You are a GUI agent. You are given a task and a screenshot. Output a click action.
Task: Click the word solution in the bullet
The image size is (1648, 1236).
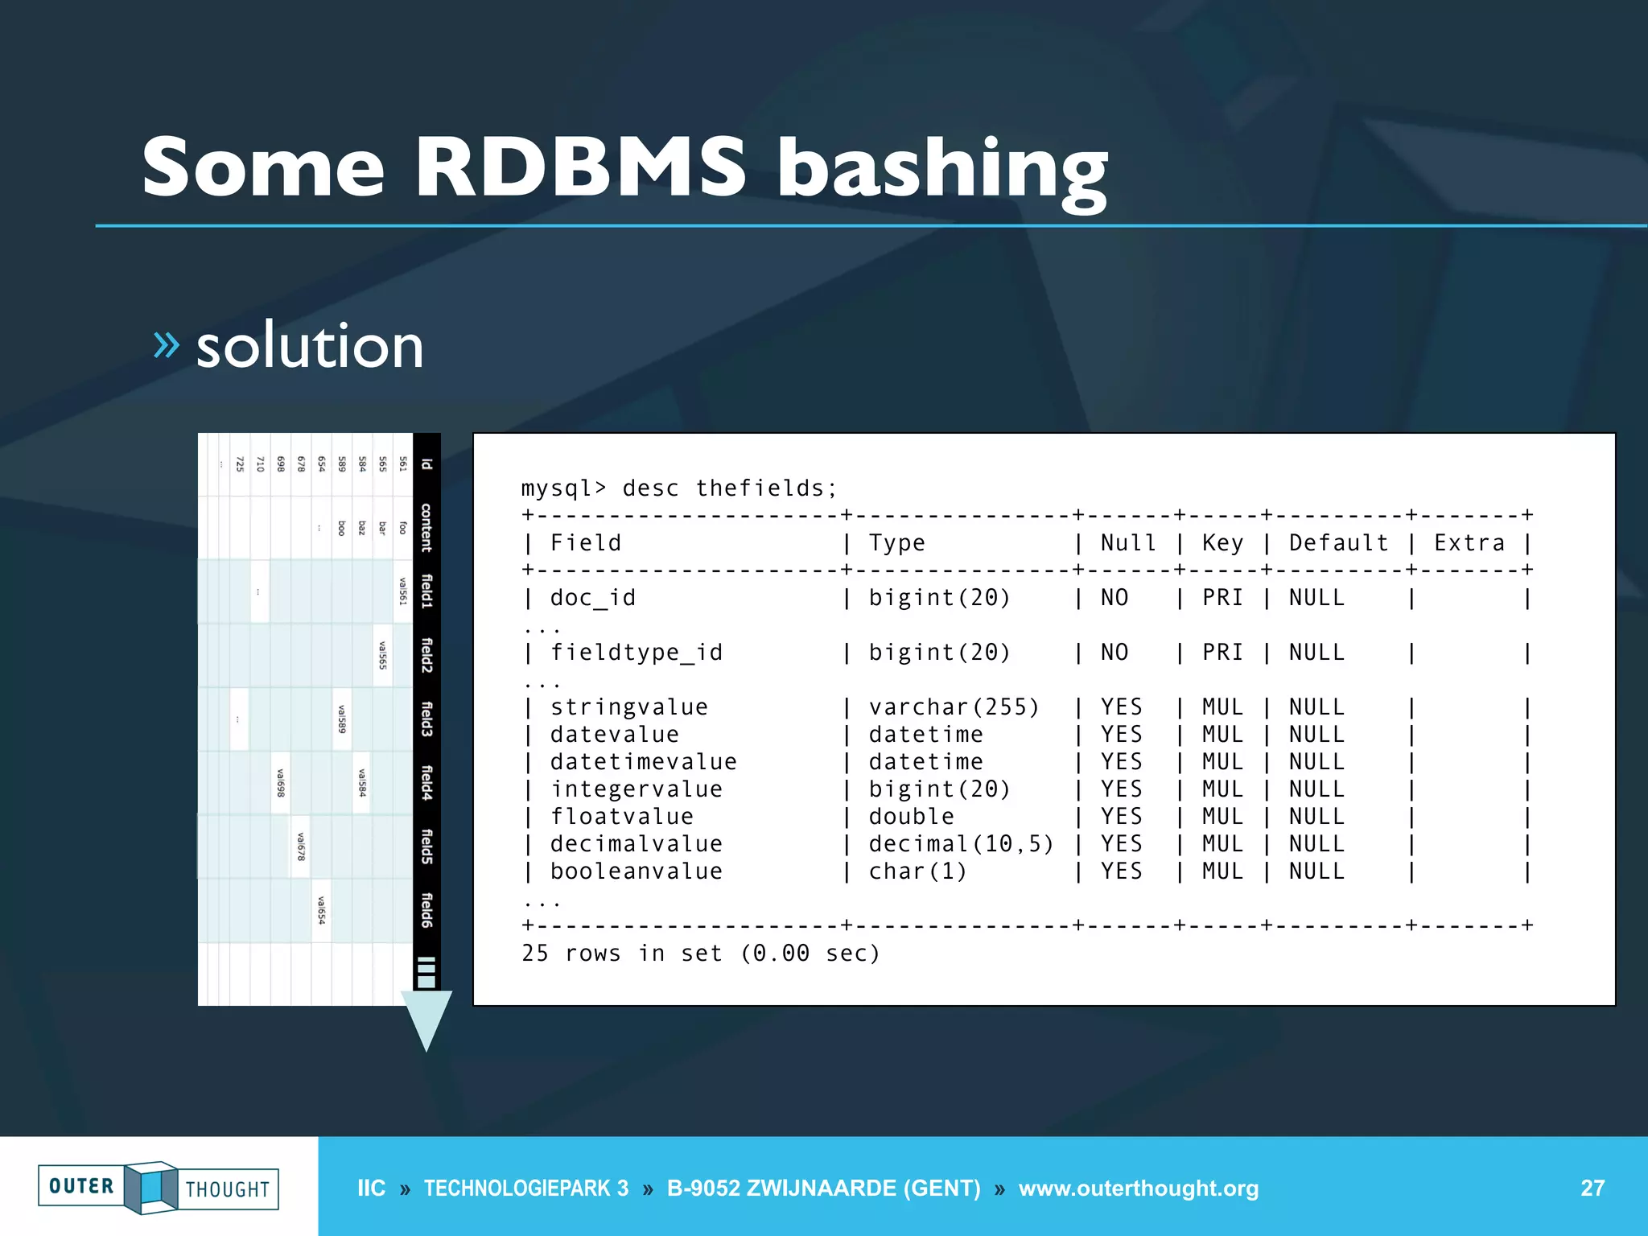(310, 346)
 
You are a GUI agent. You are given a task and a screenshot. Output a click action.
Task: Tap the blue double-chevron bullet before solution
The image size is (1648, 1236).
(166, 344)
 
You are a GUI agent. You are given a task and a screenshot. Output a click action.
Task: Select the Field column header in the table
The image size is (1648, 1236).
(586, 543)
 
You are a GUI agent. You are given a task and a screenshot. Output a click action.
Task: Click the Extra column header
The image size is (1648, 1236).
(1469, 543)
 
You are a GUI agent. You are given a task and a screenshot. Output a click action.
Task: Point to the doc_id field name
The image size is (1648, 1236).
(593, 598)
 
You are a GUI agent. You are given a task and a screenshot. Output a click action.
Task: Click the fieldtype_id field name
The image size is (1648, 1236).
(637, 653)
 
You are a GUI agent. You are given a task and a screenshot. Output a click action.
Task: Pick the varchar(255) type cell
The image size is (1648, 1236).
(954, 707)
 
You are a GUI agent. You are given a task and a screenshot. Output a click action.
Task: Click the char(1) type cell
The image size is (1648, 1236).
(918, 871)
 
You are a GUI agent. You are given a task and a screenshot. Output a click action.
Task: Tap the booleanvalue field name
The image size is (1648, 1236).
(637, 871)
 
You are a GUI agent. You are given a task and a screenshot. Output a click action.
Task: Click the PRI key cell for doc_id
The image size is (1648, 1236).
(1222, 598)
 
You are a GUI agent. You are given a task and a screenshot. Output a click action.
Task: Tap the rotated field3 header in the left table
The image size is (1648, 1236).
(427, 719)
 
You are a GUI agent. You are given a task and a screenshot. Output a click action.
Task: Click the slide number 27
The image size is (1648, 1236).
(1592, 1188)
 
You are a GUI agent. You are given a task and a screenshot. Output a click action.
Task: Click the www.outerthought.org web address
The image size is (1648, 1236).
(1138, 1188)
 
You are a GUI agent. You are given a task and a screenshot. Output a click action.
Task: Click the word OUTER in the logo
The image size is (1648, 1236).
(81, 1186)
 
